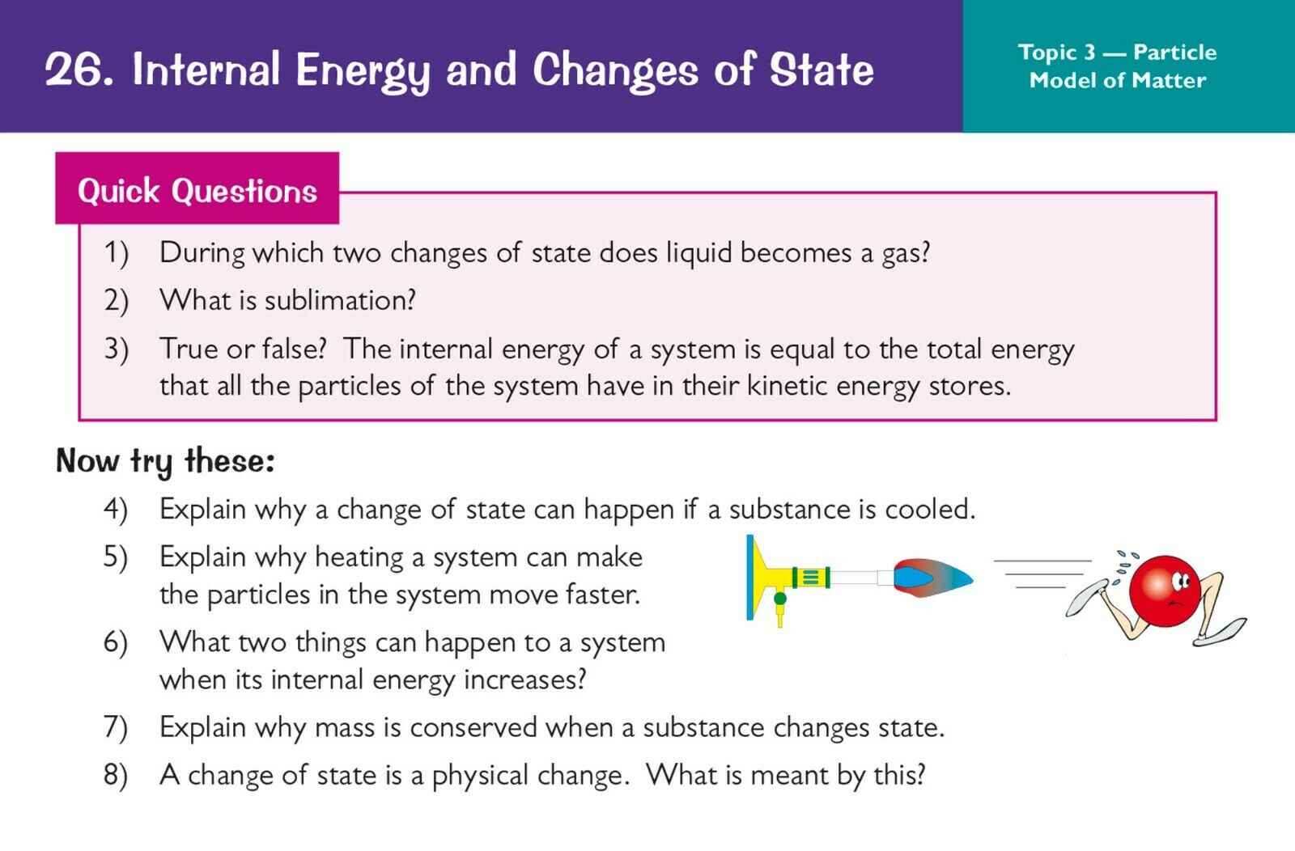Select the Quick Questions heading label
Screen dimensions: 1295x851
197,190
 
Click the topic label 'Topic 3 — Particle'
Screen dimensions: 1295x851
1117,53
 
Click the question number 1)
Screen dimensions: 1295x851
117,253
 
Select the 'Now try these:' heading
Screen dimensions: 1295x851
165,462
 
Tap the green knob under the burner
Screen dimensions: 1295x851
780,599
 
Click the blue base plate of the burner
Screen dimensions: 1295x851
749,578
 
